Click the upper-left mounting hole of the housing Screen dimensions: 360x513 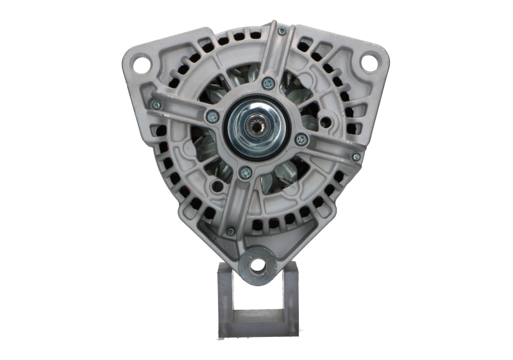[x=142, y=63]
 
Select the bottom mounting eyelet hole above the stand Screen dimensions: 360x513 [x=257, y=264]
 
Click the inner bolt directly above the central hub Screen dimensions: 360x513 [x=269, y=83]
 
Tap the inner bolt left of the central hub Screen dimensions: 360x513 [x=212, y=116]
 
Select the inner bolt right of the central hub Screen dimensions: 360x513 [x=301, y=138]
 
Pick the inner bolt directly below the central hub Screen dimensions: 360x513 [x=244, y=172]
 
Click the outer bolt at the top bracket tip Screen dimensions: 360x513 [x=282, y=31]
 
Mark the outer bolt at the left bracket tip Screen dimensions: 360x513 [x=155, y=104]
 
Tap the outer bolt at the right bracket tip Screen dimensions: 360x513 [x=357, y=156]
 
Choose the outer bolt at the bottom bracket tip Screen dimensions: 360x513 [x=230, y=231]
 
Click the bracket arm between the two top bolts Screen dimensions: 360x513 [x=275, y=56]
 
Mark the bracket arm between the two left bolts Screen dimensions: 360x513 [x=183, y=110]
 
